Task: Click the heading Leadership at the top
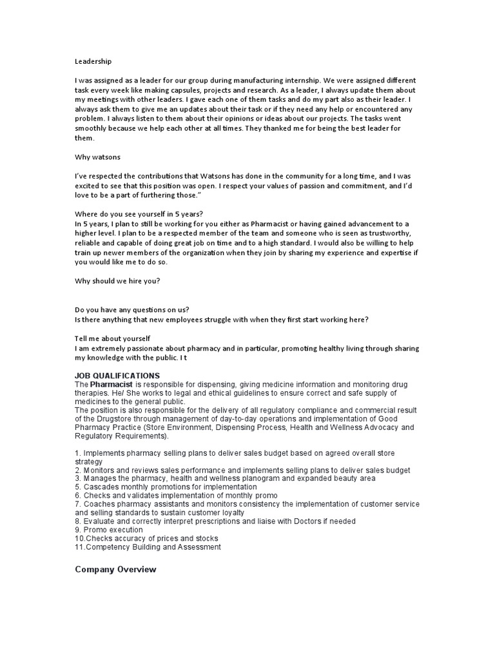tap(93, 62)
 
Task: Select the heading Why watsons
tap(97, 157)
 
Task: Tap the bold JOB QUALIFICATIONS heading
tap(117, 376)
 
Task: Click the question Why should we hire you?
tap(117, 281)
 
